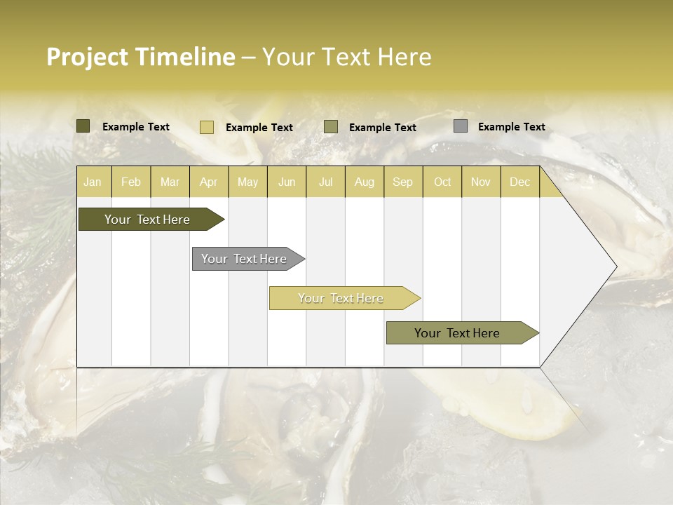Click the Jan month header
(x=93, y=182)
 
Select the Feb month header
(x=131, y=182)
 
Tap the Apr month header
(x=208, y=182)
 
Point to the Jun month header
(x=287, y=182)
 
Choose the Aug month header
(x=364, y=182)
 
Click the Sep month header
(x=402, y=182)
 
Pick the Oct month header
(x=442, y=182)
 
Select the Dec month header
(x=519, y=182)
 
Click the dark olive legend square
(x=83, y=126)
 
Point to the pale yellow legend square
(x=206, y=127)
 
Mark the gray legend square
(x=460, y=126)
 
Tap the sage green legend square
(x=331, y=127)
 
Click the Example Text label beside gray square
(x=511, y=127)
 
